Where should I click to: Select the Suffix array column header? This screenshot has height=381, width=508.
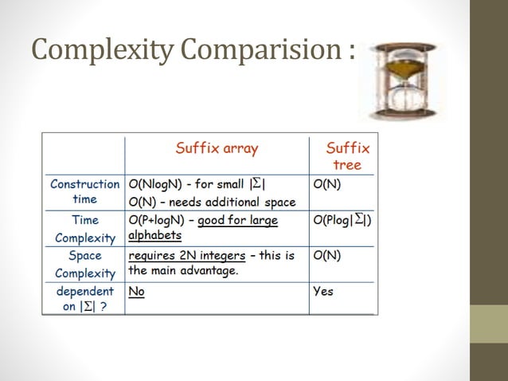(x=217, y=148)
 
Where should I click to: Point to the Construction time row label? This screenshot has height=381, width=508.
(x=84, y=191)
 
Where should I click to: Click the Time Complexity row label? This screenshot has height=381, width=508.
(x=84, y=229)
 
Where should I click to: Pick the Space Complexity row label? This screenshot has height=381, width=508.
(x=84, y=265)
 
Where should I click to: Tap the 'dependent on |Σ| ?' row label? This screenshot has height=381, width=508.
(x=84, y=299)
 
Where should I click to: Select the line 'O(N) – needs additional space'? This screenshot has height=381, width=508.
(x=212, y=202)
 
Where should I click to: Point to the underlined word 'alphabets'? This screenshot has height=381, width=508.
(x=154, y=236)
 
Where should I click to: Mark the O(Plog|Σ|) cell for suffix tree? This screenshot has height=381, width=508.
(x=342, y=221)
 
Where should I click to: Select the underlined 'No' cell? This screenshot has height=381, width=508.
(x=136, y=292)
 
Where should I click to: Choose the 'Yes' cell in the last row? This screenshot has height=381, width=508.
(x=323, y=292)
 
